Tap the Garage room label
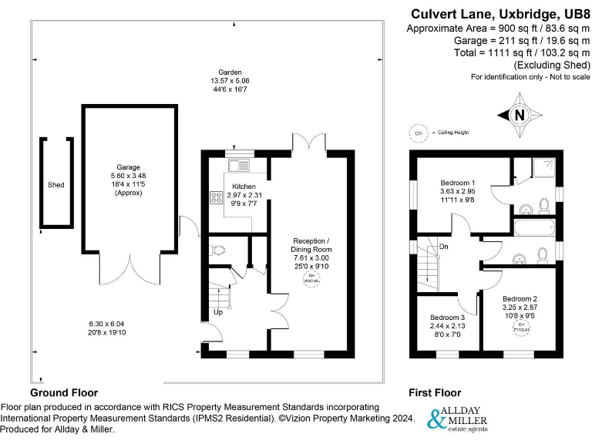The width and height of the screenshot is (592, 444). (129, 166)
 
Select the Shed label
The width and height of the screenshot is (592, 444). (55, 185)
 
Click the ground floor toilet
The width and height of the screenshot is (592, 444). (217, 250)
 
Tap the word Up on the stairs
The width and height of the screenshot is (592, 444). (218, 312)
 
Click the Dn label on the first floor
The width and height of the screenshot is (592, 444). (443, 247)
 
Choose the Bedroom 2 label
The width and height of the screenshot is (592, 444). (520, 298)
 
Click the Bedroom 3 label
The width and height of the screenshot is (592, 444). (447, 318)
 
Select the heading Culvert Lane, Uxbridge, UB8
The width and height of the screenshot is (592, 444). (499, 13)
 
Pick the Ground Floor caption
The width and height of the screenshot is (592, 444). (65, 392)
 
